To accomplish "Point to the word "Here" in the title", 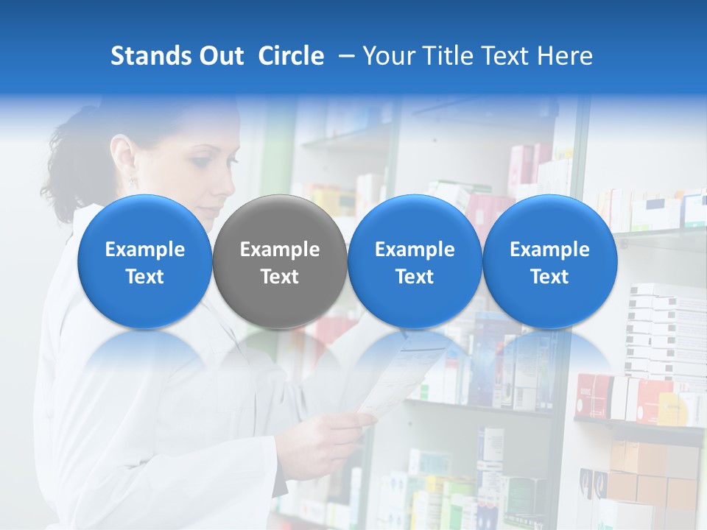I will click(x=566, y=56).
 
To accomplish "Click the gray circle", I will click(x=280, y=261).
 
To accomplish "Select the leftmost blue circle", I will click(x=144, y=261).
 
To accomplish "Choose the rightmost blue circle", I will click(x=550, y=261).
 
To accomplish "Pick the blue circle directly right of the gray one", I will click(x=415, y=261).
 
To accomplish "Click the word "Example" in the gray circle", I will click(x=280, y=250).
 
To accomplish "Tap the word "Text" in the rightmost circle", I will click(x=550, y=277).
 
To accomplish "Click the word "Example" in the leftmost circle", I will click(x=144, y=250).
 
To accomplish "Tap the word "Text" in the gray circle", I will click(x=280, y=277).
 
